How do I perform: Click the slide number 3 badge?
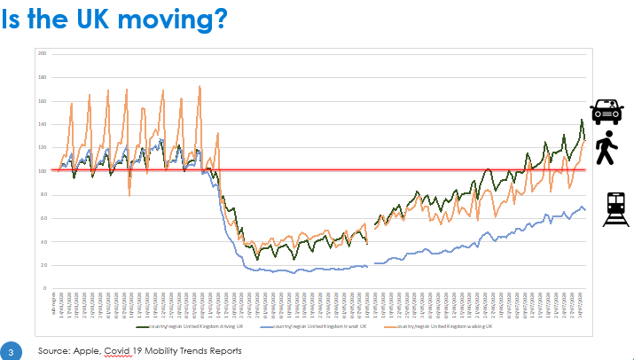[x=12, y=349]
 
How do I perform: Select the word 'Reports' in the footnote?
[x=222, y=351]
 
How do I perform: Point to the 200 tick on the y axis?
[x=41, y=53]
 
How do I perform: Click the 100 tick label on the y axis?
[x=41, y=171]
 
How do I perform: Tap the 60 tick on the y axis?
[x=42, y=218]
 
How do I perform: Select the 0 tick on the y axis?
[x=43, y=289]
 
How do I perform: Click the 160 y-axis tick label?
[x=41, y=100]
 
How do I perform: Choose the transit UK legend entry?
[x=311, y=327]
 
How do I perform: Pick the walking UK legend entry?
[x=444, y=327]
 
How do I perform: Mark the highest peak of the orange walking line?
[x=200, y=86]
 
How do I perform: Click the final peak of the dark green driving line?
[x=582, y=120]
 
